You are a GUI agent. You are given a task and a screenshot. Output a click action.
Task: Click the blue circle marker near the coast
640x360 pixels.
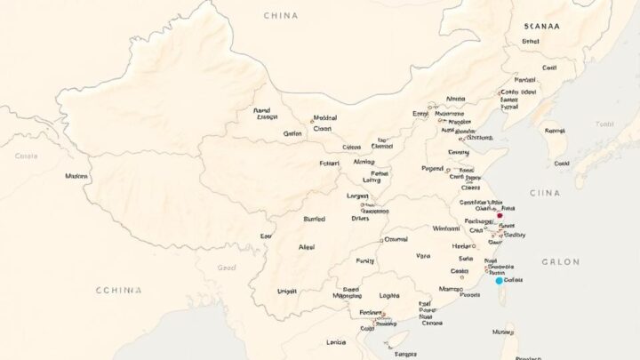click(499, 280)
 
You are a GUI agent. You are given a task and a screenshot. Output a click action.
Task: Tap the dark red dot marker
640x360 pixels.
click(500, 215)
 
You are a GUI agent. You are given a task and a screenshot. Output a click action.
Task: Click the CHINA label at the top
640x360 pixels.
click(281, 15)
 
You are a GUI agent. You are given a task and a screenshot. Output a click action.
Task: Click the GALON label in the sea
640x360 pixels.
click(560, 261)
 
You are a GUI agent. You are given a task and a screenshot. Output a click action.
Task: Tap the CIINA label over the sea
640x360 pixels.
click(545, 193)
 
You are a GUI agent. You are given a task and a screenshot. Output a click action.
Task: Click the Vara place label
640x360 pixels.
click(423, 256)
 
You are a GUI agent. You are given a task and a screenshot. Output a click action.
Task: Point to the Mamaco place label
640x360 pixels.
click(451, 290)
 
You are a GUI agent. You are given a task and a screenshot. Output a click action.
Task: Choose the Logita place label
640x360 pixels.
click(388, 295)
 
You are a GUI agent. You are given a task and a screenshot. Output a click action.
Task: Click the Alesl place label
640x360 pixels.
click(307, 248)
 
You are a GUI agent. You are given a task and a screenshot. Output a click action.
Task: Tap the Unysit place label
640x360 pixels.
click(287, 292)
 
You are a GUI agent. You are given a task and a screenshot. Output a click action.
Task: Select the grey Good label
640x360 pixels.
click(228, 268)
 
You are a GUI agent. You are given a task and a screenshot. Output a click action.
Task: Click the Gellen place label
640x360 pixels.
click(292, 134)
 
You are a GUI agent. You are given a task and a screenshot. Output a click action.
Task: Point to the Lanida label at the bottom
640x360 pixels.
click(336, 342)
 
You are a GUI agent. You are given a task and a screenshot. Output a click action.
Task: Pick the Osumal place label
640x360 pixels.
click(396, 239)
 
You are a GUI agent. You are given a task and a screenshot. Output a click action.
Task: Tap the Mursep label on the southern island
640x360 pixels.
click(504, 333)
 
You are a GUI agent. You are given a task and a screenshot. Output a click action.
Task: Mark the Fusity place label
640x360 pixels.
click(365, 261)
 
